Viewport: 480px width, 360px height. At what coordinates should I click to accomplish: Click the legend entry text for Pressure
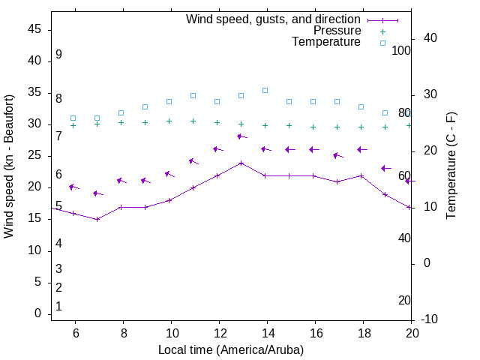coord(337,31)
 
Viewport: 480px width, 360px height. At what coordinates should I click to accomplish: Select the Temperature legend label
coord(326,42)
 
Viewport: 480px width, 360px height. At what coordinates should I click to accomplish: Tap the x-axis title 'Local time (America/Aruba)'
coord(231,349)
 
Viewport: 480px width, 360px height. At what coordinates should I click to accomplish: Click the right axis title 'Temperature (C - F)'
coord(451,166)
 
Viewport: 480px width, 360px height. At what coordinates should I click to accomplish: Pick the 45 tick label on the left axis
coord(34,29)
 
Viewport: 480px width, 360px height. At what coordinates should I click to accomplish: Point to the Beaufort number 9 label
coord(58,55)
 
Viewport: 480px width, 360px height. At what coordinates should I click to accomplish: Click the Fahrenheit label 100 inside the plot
coord(401,50)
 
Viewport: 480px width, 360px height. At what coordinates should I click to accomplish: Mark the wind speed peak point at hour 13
coord(241,163)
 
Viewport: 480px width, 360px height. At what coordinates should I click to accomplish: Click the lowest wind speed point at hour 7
coord(97,219)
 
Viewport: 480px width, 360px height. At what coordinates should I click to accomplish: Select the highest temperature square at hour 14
coord(265,90)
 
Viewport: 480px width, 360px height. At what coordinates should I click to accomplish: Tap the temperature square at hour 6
coord(73,118)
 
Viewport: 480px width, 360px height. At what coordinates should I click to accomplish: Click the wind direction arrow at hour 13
coord(241,136)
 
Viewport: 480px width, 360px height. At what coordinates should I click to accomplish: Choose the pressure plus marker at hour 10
coord(169,121)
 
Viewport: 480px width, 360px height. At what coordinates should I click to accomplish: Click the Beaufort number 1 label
coord(58,307)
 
